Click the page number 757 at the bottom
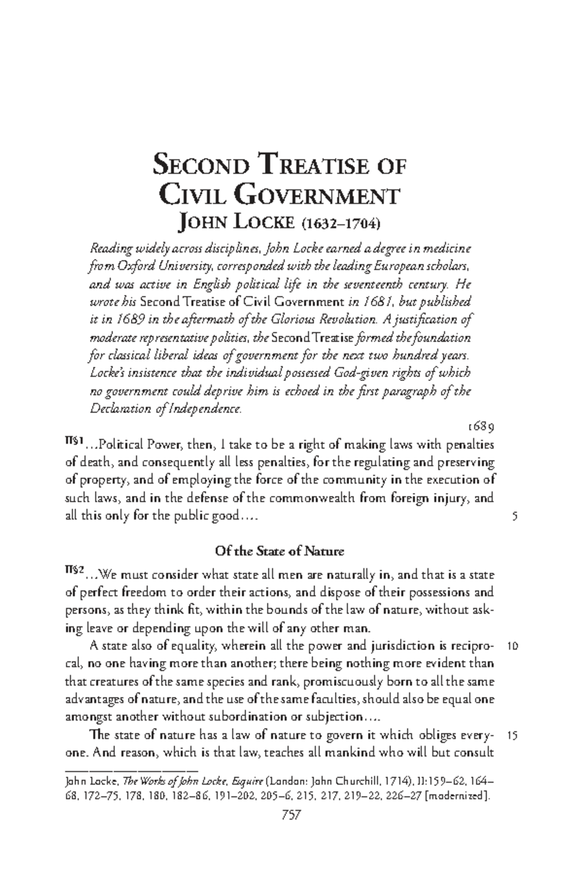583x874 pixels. click(x=291, y=815)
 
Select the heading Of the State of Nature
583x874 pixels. click(x=279, y=552)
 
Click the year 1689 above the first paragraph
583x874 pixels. click(x=480, y=427)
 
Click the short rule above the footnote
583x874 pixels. click(x=131, y=771)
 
